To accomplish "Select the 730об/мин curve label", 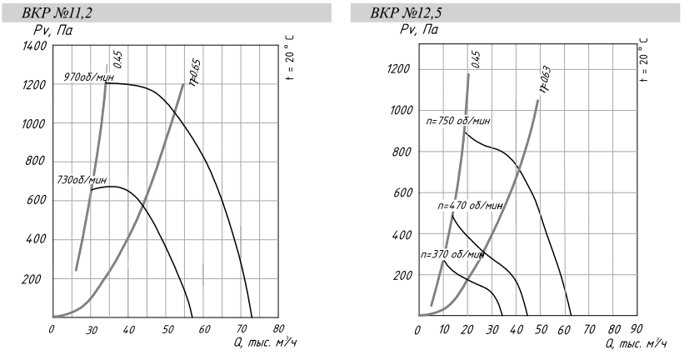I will coord(82,179).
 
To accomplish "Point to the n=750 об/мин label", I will coord(457,122).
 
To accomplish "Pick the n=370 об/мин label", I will coord(452,253).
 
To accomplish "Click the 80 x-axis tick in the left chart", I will coord(278,330).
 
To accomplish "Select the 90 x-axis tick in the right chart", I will coord(636,330).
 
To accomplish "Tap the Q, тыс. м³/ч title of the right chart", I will coord(637,343).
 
